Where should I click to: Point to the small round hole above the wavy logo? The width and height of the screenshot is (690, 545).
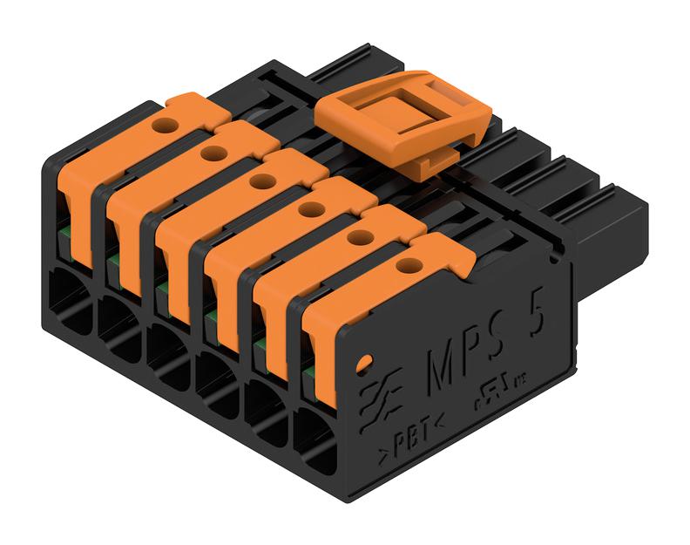tap(366, 358)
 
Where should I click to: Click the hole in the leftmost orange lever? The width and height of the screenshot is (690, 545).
tap(162, 126)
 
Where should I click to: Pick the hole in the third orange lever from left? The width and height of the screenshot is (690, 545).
tap(260, 181)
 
